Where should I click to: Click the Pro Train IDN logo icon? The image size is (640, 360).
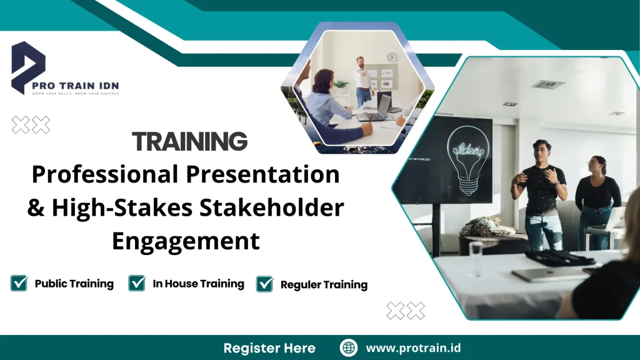click(29, 66)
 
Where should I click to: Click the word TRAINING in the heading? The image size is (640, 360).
click(190, 142)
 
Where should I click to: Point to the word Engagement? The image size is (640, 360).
click(186, 241)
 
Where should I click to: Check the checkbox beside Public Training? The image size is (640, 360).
click(19, 284)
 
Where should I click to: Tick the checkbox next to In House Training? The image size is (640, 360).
click(137, 284)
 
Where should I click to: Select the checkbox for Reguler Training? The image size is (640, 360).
click(265, 284)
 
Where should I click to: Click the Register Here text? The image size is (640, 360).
click(269, 348)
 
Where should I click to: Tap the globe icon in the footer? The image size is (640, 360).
click(348, 348)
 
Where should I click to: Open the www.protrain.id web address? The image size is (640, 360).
click(413, 348)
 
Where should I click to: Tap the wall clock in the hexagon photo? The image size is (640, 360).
click(392, 57)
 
